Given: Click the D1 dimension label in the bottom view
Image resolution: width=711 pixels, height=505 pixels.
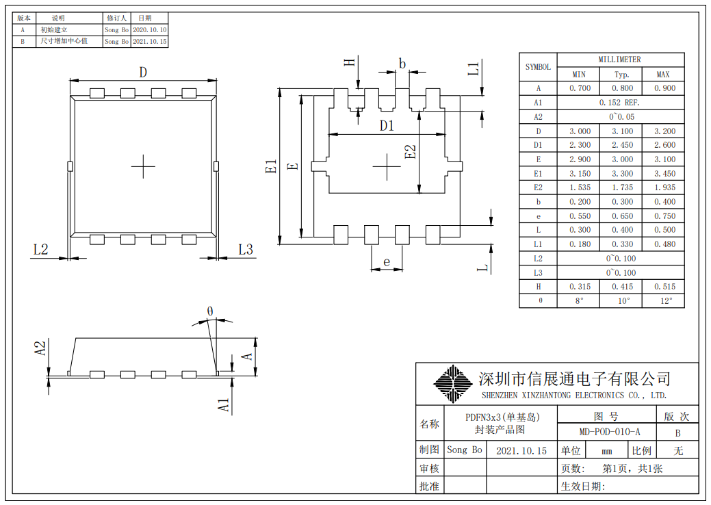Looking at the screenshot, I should [x=387, y=126].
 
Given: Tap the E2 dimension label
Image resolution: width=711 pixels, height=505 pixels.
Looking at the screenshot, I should [x=411, y=151].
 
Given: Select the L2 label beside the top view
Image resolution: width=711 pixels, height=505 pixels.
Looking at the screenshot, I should [x=41, y=249].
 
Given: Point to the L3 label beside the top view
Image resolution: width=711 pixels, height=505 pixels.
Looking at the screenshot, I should [x=246, y=249].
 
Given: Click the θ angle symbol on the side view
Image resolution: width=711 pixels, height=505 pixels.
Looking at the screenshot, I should [x=210, y=311].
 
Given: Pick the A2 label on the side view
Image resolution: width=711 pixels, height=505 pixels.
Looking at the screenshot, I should [x=40, y=348].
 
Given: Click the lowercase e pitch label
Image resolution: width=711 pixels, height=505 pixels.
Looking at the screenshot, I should [x=387, y=261].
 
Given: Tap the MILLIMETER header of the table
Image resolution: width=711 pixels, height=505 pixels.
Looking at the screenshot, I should [x=620, y=60].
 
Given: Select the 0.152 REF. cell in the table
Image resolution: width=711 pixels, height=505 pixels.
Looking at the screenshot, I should [x=621, y=103].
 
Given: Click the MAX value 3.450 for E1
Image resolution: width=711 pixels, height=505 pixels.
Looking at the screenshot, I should [x=662, y=174].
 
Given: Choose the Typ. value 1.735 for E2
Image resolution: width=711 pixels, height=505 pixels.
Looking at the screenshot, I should [x=621, y=187].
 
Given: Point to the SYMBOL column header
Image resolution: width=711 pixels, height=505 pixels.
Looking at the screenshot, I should [x=538, y=67].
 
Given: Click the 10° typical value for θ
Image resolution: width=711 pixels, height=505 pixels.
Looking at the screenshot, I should [x=621, y=301].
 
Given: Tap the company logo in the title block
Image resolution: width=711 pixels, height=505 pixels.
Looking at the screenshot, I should [x=452, y=384].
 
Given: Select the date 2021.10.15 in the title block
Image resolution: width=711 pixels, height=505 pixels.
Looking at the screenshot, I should [x=521, y=451].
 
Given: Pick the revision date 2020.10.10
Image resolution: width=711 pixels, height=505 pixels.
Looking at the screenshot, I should [x=149, y=30].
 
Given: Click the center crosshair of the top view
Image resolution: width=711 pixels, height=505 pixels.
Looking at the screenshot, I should [x=144, y=166].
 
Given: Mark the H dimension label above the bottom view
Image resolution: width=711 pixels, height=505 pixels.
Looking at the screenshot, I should [x=350, y=63].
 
